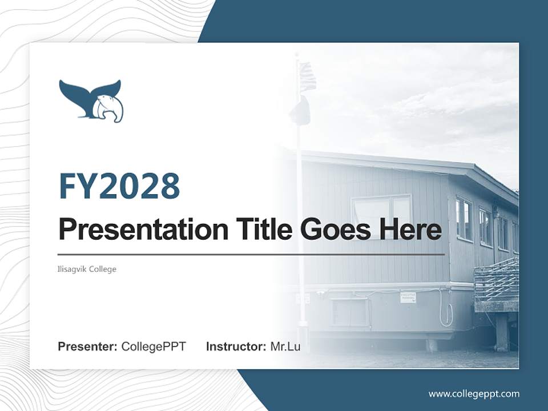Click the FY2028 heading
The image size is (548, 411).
pyautogui.click(x=119, y=186)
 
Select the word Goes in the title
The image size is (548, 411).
pyautogui.click(x=334, y=229)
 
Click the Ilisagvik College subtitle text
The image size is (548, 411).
pyautogui.click(x=87, y=269)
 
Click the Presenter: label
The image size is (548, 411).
pyautogui.click(x=88, y=346)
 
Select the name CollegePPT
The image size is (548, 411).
pyautogui.click(x=154, y=346)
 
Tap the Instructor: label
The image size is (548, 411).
pyautogui.click(x=236, y=346)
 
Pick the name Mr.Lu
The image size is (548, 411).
pyautogui.click(x=285, y=346)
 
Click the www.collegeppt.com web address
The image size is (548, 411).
pyautogui.click(x=474, y=393)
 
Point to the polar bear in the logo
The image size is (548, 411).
pyautogui.click(x=108, y=108)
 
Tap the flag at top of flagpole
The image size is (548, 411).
pyautogui.click(x=307, y=76)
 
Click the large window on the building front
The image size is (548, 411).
pyautogui.click(x=381, y=214)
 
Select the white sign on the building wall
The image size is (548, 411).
pyautogui.click(x=408, y=297)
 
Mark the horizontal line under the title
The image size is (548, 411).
pyautogui.click(x=251, y=254)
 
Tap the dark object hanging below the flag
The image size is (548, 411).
pyautogui.click(x=300, y=111)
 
